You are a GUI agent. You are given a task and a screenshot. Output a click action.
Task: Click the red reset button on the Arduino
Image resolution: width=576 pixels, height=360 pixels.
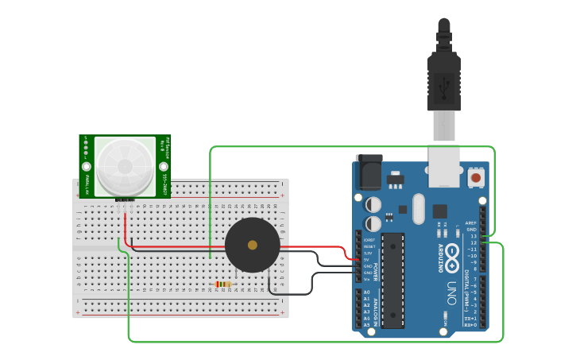tap(476, 177)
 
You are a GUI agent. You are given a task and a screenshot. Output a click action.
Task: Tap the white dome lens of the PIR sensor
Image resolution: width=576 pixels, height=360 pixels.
tap(125, 165)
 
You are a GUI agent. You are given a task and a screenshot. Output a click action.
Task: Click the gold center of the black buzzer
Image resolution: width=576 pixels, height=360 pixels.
tap(252, 245)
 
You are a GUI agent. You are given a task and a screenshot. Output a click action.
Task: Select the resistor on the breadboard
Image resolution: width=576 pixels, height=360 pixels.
tap(224, 284)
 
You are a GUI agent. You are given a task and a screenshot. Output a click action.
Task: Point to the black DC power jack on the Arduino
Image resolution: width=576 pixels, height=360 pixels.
tap(369, 172)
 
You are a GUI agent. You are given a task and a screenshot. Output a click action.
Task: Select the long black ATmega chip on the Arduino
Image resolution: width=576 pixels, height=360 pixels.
tap(392, 280)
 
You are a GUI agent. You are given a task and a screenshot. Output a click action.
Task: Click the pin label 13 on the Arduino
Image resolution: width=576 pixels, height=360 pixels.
tap(474, 236)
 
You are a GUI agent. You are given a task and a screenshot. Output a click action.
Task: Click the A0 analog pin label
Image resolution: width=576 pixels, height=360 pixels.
tap(366, 292)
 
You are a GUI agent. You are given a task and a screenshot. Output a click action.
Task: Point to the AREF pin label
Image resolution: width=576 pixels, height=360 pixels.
tap(471, 223)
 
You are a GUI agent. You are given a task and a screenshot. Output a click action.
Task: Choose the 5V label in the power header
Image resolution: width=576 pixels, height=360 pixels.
tap(366, 259)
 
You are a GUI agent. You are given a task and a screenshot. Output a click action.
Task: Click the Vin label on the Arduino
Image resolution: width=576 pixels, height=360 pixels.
tap(366, 279)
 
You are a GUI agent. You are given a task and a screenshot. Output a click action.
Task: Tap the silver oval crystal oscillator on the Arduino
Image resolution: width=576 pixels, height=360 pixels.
tap(418, 209)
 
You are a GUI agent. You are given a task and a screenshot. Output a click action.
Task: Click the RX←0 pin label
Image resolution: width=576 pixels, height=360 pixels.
tap(471, 325)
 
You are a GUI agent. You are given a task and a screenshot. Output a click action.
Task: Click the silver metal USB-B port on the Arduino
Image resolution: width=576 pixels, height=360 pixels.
tap(444, 165)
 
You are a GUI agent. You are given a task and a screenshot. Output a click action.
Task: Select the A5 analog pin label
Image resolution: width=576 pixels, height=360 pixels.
tap(366, 325)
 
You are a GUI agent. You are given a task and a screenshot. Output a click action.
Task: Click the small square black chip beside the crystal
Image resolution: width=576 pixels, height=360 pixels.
tap(439, 211)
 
